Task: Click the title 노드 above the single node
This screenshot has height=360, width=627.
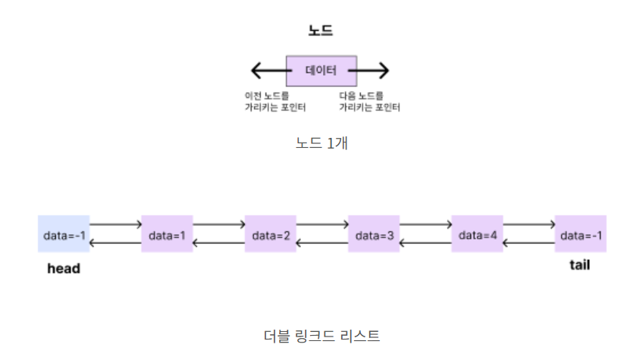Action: click(321, 31)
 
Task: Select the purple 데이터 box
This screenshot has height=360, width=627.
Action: click(321, 70)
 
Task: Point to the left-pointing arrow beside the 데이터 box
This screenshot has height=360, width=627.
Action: click(268, 71)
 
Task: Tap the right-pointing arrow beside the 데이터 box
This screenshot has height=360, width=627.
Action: click(373, 71)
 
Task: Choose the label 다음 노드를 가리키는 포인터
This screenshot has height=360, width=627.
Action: click(369, 102)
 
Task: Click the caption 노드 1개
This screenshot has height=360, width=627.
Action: click(321, 143)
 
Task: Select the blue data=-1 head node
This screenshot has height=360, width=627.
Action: click(64, 234)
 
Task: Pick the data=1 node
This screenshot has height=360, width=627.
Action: click(167, 234)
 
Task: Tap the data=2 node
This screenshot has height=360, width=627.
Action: click(271, 234)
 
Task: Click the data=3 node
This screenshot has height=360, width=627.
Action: click(374, 234)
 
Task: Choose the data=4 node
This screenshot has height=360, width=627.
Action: click(477, 234)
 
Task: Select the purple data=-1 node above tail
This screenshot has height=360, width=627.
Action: click(580, 234)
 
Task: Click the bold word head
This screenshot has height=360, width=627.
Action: click(63, 268)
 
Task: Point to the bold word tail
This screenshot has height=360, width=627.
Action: click(579, 265)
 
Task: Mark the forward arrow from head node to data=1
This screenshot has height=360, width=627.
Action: click(115, 224)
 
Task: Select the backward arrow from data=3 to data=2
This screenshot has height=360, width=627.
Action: click(322, 243)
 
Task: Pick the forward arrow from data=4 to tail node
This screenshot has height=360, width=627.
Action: click(528, 224)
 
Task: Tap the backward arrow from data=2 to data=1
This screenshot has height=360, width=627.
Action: click(218, 243)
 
